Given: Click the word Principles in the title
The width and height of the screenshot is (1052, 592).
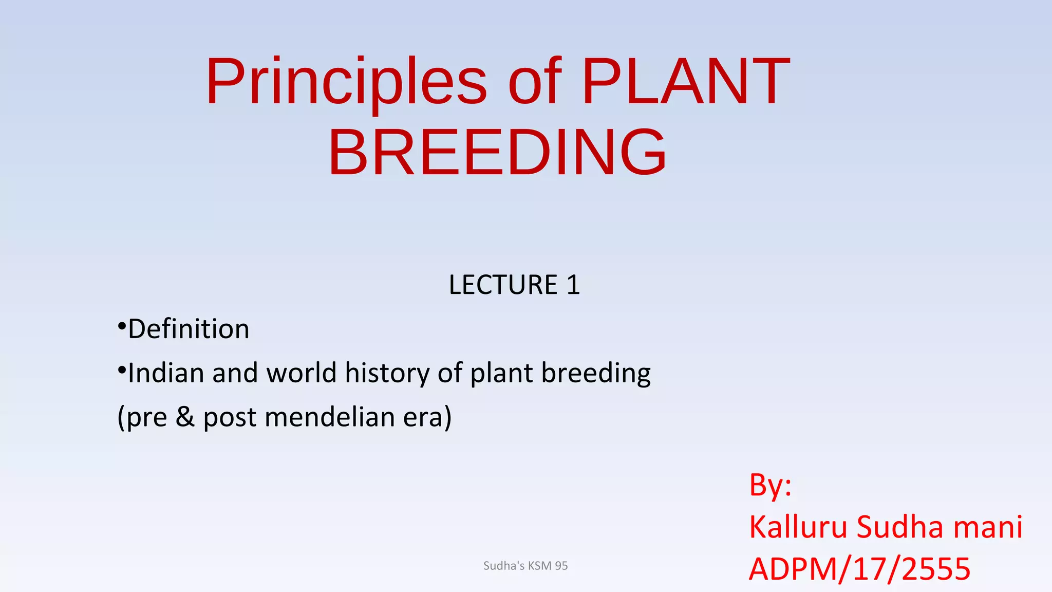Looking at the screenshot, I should coord(346,82).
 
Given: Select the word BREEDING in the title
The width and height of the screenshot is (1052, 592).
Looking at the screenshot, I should coord(497,153).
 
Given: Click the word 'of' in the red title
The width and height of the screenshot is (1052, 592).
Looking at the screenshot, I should coord(534,82).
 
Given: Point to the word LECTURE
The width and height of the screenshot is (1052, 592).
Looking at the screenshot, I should coord(503,285).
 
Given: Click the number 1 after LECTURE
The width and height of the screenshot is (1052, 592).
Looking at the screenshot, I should coord(573,285).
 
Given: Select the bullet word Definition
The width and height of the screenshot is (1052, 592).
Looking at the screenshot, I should coord(189,329).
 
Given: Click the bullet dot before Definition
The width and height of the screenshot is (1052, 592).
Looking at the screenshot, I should coord(122,326).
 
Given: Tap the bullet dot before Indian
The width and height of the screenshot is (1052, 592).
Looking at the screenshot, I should coord(122,370).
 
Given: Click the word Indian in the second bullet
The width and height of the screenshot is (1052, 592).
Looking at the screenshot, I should coord(165,373).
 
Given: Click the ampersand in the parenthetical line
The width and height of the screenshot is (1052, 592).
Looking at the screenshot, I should coord(185,417).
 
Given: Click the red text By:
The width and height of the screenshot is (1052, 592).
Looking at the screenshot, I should coord(770,485).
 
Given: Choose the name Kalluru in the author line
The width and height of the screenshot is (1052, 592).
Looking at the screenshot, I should coord(798,527).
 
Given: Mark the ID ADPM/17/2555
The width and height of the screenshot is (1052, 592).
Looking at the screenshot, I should coord(859,569).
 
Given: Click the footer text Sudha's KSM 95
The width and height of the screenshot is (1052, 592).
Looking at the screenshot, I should coord(525,566).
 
